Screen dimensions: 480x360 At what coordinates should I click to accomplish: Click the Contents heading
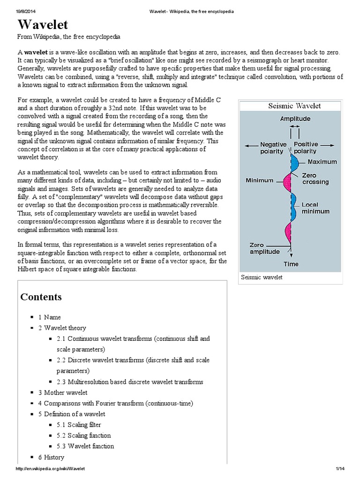[x=41, y=297]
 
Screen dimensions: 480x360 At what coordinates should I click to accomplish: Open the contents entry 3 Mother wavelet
[x=63, y=392]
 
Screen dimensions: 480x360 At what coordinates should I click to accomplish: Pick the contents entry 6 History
[x=51, y=457]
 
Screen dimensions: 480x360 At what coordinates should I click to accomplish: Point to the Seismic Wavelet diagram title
[x=294, y=106]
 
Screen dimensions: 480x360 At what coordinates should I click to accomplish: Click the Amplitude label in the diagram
[x=295, y=119]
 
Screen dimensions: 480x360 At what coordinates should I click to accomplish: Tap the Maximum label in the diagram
[x=322, y=162]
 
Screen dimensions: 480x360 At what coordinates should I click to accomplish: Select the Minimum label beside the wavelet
[x=259, y=180]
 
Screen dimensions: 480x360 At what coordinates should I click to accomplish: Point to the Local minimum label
[x=315, y=208]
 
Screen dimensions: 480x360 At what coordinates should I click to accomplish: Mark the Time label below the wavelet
[x=291, y=264]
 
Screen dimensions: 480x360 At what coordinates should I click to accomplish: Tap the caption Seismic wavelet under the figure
[x=262, y=277]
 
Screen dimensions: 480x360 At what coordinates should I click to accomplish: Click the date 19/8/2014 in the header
[x=13, y=4]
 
